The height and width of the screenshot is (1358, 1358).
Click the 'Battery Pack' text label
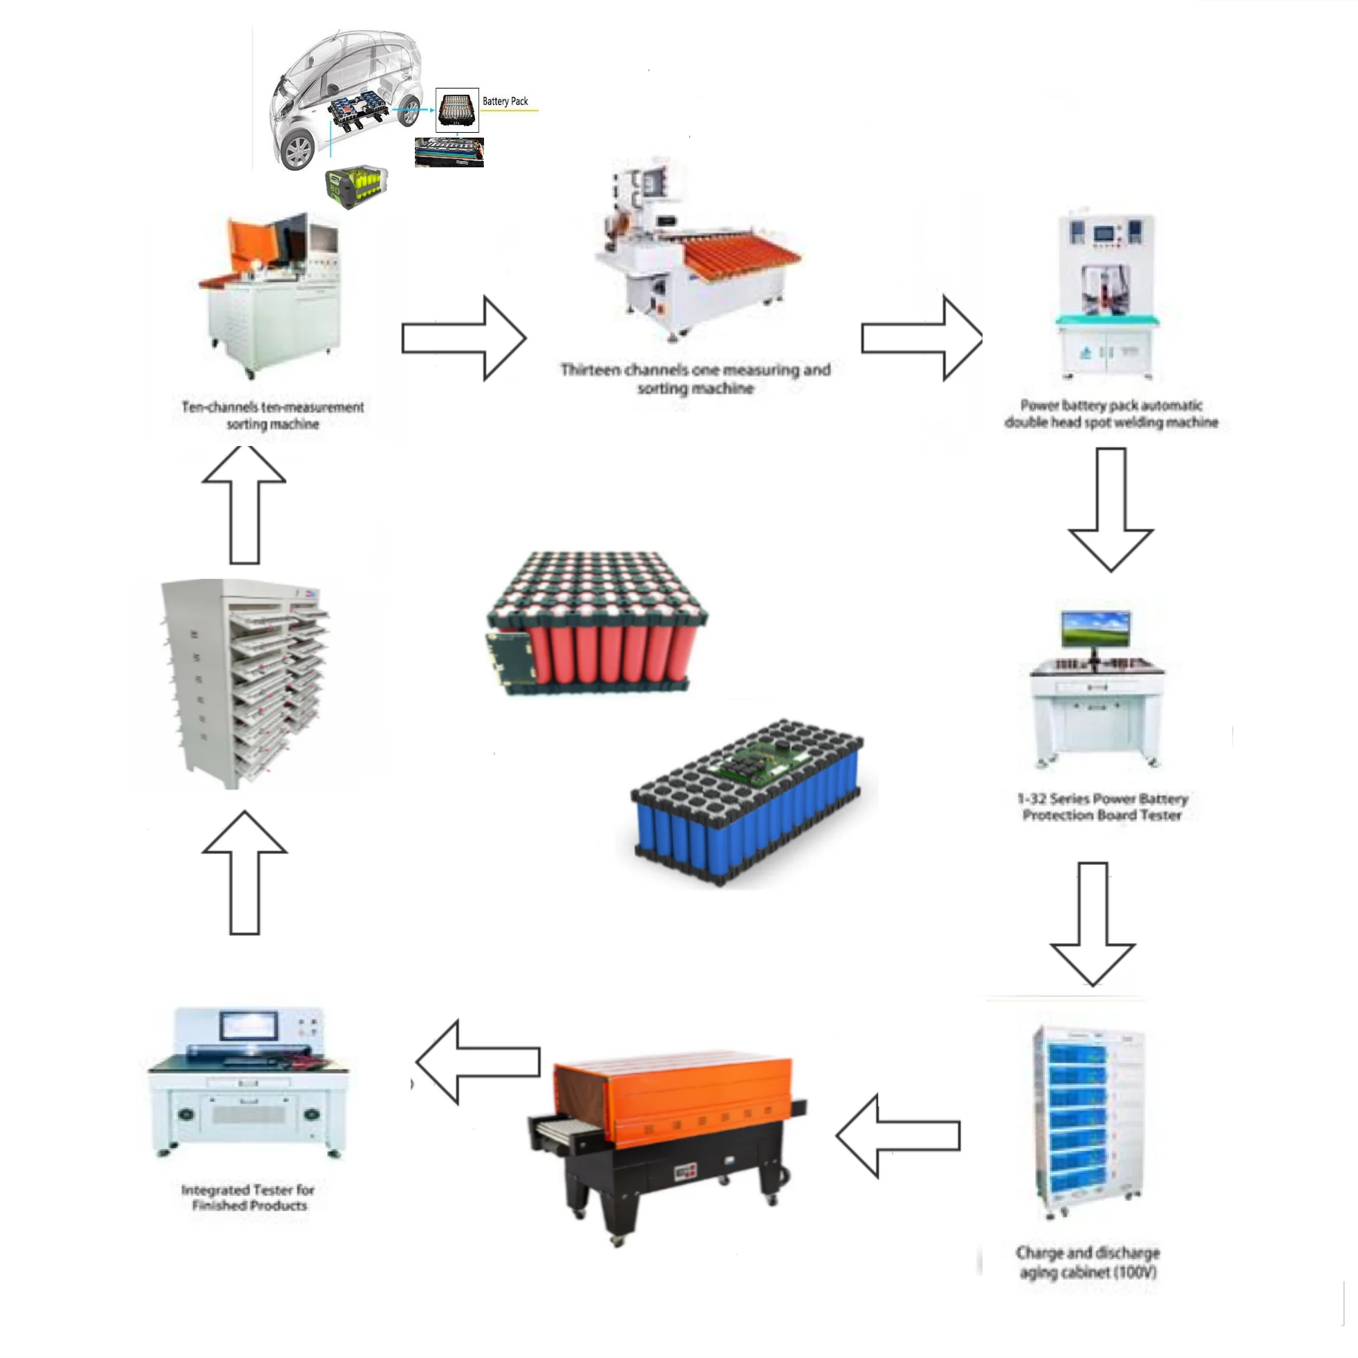point(505,101)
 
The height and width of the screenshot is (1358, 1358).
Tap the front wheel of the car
point(298,150)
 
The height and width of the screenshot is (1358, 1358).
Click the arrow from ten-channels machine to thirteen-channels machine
point(464,338)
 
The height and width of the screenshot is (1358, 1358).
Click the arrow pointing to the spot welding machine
point(921,338)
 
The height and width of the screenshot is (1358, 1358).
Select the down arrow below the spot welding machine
point(1110,509)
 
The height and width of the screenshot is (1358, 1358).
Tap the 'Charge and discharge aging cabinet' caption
point(1088,1262)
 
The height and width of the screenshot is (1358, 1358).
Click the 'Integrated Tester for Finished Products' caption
point(248,1197)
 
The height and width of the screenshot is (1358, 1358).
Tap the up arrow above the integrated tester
point(245,872)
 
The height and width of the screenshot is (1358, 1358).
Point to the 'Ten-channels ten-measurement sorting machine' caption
point(272,415)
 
